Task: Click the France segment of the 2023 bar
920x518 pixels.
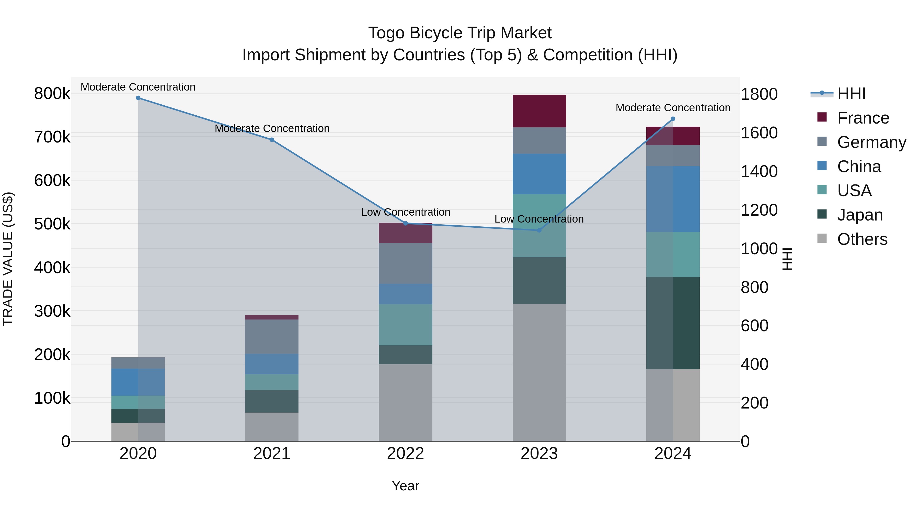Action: (539, 111)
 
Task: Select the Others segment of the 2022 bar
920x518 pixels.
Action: (405, 403)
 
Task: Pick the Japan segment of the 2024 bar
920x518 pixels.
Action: (673, 323)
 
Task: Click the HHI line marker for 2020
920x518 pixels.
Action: (138, 98)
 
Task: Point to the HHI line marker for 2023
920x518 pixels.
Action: (539, 230)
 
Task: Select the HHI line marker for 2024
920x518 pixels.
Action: (673, 119)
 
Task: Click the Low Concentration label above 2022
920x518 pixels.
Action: (405, 212)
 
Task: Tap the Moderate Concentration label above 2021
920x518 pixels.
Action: (272, 128)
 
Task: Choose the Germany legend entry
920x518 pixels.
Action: (871, 142)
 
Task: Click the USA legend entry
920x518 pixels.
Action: (854, 191)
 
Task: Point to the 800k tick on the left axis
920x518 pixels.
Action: (52, 94)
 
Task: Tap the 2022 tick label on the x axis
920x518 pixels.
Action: (405, 454)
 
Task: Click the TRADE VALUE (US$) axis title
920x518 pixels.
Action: (8, 259)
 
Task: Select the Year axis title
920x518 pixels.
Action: (405, 486)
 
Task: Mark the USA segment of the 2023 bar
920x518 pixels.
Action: (539, 226)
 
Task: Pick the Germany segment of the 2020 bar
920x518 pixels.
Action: (138, 363)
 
